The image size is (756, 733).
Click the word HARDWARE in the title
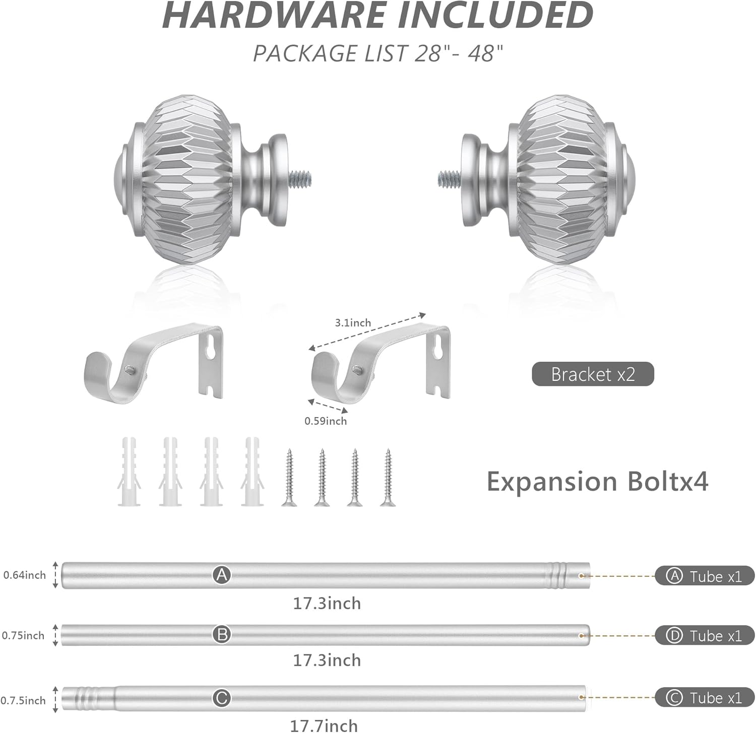[275, 15]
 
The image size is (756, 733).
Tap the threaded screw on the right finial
[450, 178]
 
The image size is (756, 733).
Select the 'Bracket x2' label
[593, 374]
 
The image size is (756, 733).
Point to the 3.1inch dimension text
[353, 322]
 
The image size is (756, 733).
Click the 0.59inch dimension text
[326, 421]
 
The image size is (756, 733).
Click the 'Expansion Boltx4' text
[597, 481]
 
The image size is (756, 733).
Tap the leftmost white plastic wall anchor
[129, 472]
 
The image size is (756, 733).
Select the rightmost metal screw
[388, 477]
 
